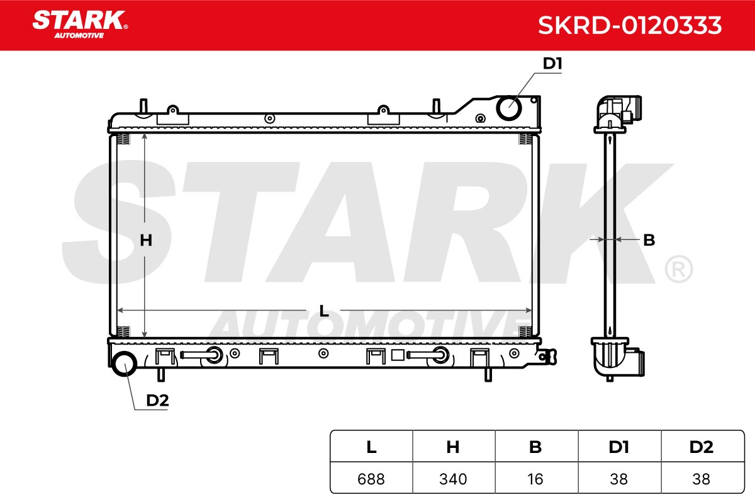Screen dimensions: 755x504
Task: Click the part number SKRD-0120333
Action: coord(630,25)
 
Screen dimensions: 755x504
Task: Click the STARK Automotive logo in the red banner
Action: coord(81,25)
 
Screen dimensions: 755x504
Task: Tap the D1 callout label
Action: coord(552,64)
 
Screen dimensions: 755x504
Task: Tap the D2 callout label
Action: coord(157,400)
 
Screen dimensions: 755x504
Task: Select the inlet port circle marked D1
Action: coord(509,108)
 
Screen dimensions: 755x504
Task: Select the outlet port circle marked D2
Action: coord(125,364)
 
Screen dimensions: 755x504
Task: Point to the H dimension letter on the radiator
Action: coord(146,241)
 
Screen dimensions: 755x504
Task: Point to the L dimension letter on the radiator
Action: coord(323,311)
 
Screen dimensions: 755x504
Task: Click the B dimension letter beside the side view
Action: coord(649,240)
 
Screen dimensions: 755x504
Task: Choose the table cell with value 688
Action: coord(371,479)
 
